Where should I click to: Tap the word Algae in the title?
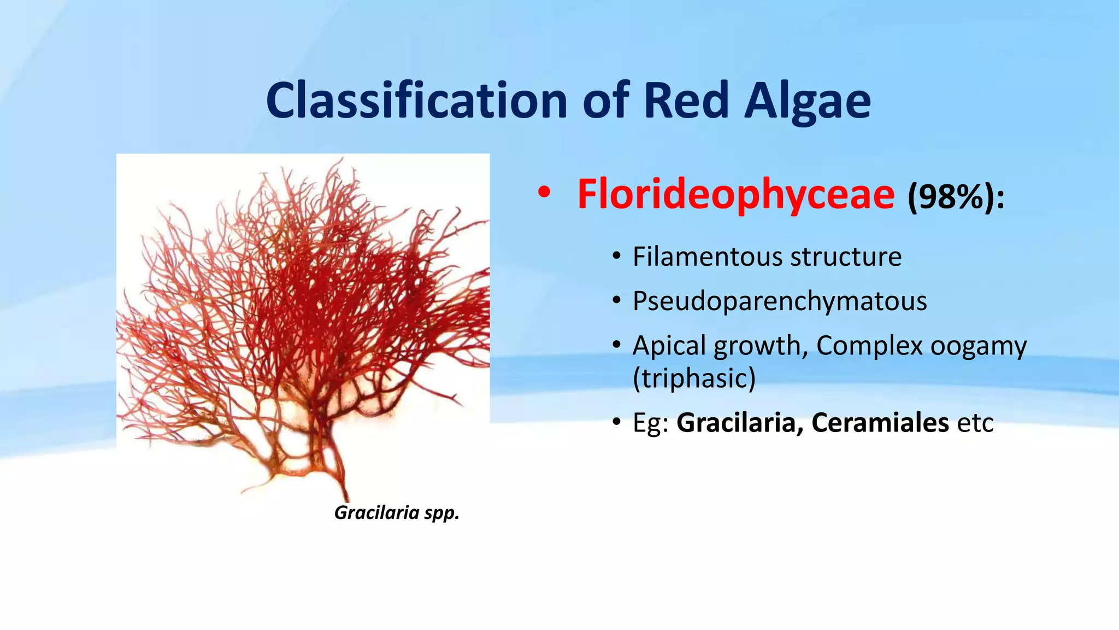click(x=807, y=101)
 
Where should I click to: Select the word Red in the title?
click(x=686, y=101)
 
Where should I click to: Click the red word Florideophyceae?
click(x=735, y=195)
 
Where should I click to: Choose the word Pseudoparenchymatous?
click(x=780, y=301)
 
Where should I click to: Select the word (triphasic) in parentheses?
click(x=694, y=378)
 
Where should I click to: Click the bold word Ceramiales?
click(x=880, y=423)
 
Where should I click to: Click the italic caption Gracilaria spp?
click(x=397, y=513)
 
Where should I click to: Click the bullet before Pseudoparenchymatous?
click(x=616, y=301)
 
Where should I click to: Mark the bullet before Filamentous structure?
click(x=616, y=257)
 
